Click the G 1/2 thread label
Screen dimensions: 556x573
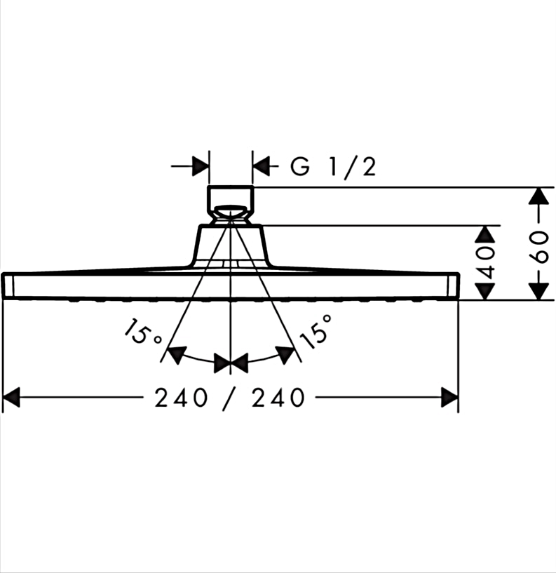tap(333, 168)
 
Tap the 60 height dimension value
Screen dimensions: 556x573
tap(541, 247)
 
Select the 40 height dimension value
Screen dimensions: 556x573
tap(485, 262)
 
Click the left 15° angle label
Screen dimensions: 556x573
tap(142, 332)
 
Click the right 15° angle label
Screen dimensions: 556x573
tap(316, 331)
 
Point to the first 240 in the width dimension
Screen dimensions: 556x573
tap(181, 398)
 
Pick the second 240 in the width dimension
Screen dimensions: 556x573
tap(278, 398)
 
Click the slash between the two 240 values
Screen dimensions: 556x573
tap(229, 398)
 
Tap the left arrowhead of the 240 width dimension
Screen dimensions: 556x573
tap(11, 397)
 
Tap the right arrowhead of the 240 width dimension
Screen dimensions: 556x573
tap(449, 397)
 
